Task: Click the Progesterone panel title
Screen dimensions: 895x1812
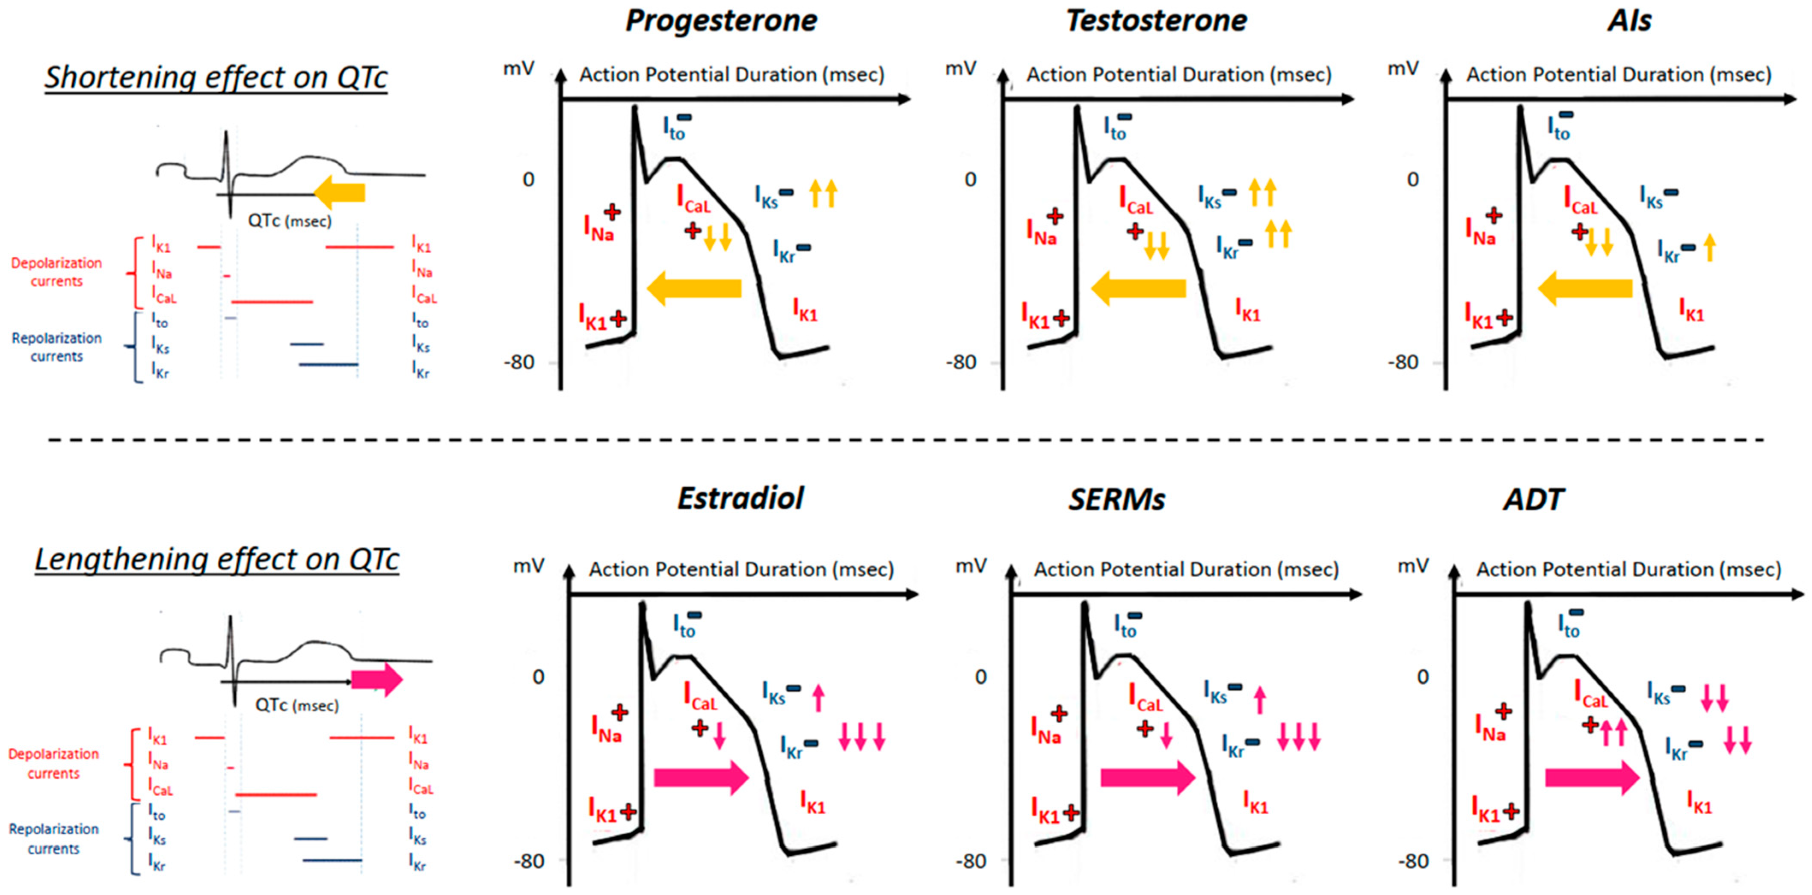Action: click(721, 21)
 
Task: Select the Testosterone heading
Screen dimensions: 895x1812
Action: click(1156, 21)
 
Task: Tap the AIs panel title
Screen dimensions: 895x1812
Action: click(1629, 21)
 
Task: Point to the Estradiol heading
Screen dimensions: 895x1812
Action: click(740, 498)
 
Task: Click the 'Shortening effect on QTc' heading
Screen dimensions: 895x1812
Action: click(216, 77)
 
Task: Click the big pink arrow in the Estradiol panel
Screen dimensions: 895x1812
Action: click(701, 777)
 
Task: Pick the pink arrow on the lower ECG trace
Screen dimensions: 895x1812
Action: click(377, 680)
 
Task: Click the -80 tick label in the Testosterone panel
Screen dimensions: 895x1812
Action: click(961, 363)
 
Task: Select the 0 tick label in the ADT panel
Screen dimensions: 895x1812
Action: click(1422, 676)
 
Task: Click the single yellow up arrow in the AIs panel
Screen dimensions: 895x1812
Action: click(1710, 247)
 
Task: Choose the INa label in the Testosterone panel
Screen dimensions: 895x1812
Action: click(1041, 231)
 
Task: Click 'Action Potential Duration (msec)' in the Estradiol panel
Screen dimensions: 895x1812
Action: click(741, 569)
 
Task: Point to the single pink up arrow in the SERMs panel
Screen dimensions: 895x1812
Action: click(1259, 700)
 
